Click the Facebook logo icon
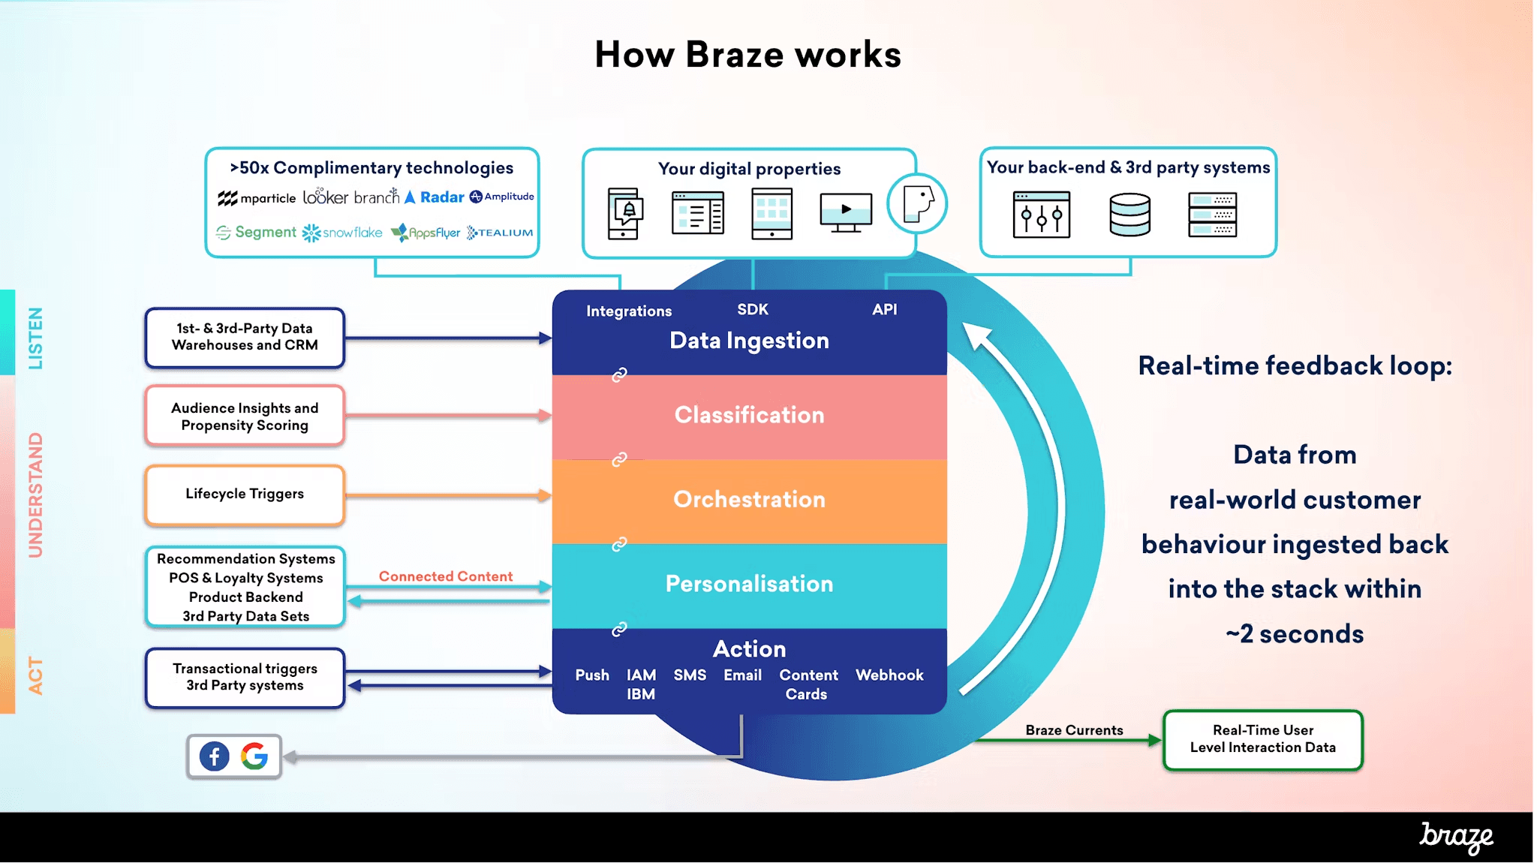(214, 756)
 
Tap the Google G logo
(254, 756)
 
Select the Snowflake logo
(342, 233)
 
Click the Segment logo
(256, 232)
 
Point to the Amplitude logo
(501, 197)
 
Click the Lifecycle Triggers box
(245, 494)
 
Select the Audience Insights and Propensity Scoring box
(245, 416)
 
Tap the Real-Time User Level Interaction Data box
(1262, 739)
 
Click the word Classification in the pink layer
(749, 415)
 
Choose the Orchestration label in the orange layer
(749, 499)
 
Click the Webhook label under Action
(889, 675)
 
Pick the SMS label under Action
(690, 675)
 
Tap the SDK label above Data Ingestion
(753, 309)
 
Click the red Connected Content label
(446, 576)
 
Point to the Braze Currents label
(1074, 730)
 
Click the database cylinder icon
(1129, 215)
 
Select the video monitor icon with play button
(846, 212)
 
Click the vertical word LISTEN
(35, 338)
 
